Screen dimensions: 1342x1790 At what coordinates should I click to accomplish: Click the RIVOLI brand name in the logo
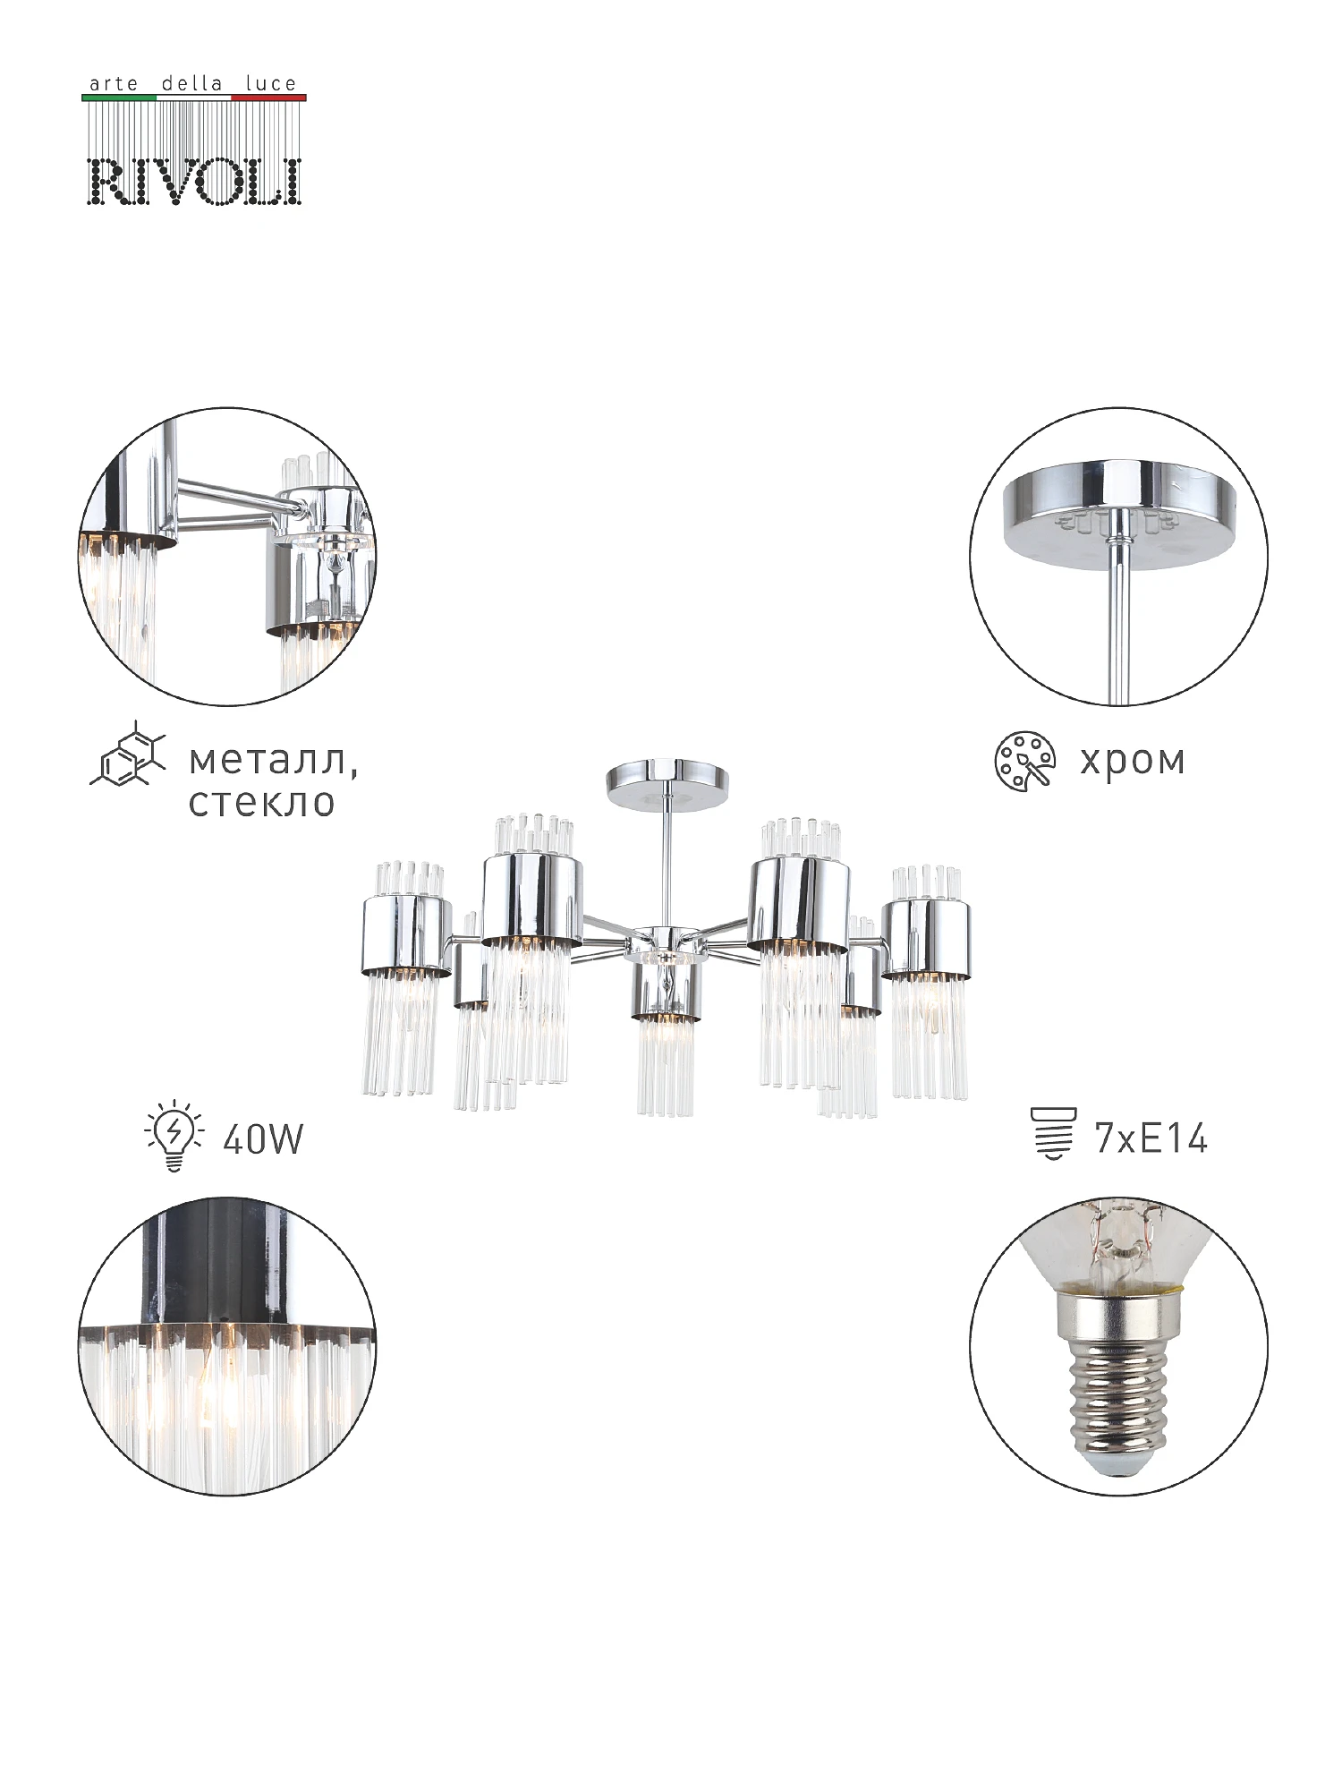point(195,182)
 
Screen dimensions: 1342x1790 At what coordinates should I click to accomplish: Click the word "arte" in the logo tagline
point(114,84)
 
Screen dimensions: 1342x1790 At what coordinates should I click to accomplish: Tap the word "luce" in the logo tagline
point(270,83)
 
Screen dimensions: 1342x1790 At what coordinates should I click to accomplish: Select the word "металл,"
point(273,761)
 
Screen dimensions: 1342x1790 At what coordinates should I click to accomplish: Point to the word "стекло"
point(261,802)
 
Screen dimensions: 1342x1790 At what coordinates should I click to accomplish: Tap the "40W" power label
point(263,1139)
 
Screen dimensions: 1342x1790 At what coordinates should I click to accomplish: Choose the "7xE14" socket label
point(1151,1138)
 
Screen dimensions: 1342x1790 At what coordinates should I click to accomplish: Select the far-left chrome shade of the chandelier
point(407,935)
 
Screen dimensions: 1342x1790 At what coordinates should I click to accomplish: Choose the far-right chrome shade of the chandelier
point(926,938)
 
